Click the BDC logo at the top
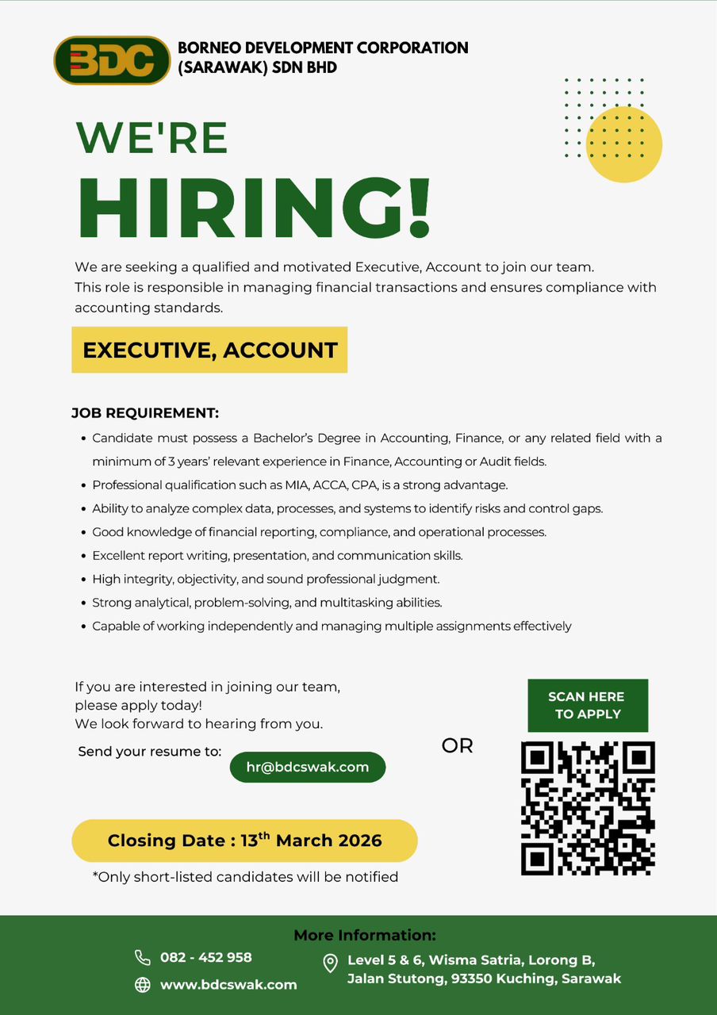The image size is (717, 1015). pos(112,59)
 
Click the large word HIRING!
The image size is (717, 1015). pos(253,208)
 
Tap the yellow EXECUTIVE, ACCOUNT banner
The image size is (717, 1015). pos(209,350)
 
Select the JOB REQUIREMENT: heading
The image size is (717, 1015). pos(145,413)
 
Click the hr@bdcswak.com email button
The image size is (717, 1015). pos(308,767)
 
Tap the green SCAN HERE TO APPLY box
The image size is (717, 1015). pos(588,705)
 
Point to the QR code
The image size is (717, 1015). pos(588,808)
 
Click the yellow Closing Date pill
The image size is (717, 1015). pos(244,841)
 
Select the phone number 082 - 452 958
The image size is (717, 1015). pos(206,957)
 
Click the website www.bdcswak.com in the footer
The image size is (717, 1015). pos(228,985)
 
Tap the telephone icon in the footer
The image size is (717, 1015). pos(143,957)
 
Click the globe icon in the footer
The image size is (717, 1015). pos(143,985)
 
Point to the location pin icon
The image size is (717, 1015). pos(331,963)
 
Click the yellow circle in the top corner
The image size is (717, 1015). pos(624,145)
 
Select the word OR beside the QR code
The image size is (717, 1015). pos(457,746)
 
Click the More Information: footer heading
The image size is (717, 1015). pos(365,935)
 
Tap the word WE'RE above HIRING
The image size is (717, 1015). pos(151,138)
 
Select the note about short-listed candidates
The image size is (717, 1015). pos(245,877)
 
